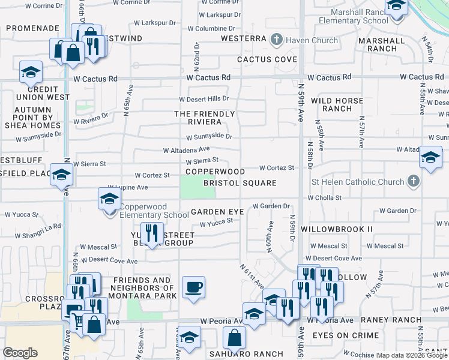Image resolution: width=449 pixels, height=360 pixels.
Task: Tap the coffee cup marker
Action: tap(193, 288)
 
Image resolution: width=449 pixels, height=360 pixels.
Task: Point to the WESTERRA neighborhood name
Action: tap(244, 38)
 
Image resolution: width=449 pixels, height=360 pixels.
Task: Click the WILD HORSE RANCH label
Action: tap(337, 104)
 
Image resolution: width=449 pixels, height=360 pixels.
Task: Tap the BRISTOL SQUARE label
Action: tap(240, 183)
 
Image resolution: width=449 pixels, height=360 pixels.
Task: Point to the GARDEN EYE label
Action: tap(217, 212)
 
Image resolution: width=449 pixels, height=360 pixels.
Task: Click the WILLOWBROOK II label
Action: tap(337, 229)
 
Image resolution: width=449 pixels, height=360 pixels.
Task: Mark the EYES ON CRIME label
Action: tap(346, 335)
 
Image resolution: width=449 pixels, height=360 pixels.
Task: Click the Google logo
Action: tap(20, 353)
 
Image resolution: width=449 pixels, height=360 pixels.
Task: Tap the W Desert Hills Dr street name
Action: tap(204, 99)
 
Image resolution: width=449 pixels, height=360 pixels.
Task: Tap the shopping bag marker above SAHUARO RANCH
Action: tap(234, 338)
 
